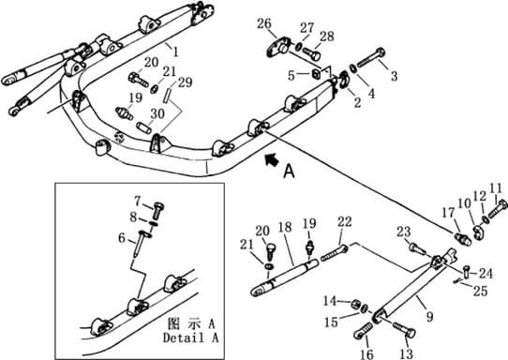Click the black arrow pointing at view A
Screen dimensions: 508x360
click(272, 159)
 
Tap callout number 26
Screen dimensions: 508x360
click(264, 23)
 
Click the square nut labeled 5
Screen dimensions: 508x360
click(317, 75)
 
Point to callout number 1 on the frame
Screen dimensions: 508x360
click(175, 52)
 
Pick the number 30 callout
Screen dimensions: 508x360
click(157, 113)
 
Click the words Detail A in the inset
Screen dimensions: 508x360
click(191, 337)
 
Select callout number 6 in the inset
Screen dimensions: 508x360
click(122, 238)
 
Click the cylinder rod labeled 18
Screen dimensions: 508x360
click(285, 275)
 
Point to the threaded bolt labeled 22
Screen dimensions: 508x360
click(335, 253)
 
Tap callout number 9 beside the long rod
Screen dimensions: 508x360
click(429, 316)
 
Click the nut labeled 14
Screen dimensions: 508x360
click(356, 304)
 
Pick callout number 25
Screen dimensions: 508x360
click(480, 291)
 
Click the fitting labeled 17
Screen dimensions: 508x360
click(462, 240)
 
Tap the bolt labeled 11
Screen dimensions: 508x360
click(498, 208)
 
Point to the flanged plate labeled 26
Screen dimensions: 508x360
click(278, 47)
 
